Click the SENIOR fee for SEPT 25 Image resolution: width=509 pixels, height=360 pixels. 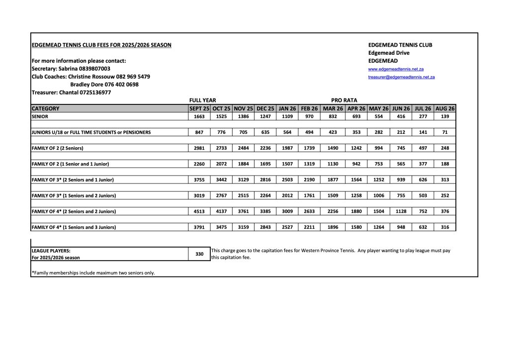[199, 116]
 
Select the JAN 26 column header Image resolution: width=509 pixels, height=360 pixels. [287, 108]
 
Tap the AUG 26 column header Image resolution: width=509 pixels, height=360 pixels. [445, 108]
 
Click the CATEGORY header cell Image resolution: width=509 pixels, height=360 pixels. [45, 108]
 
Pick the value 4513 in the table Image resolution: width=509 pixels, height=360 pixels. [199, 211]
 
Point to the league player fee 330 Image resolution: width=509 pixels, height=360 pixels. [199, 254]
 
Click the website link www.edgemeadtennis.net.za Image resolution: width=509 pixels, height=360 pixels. [396, 69]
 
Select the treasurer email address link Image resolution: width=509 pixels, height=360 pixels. [401, 77]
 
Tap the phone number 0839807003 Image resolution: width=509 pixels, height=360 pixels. [94, 69]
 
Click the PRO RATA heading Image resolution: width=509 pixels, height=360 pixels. [344, 100]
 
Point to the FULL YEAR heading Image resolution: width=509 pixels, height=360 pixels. [202, 100]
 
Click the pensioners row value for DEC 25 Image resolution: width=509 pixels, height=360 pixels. [265, 132]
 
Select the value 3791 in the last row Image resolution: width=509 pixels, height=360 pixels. [199, 227]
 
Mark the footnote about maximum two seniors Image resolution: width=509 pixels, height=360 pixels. [93, 272]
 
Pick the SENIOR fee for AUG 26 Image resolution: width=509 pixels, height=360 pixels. [445, 116]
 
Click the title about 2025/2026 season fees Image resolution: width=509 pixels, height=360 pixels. [101, 45]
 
